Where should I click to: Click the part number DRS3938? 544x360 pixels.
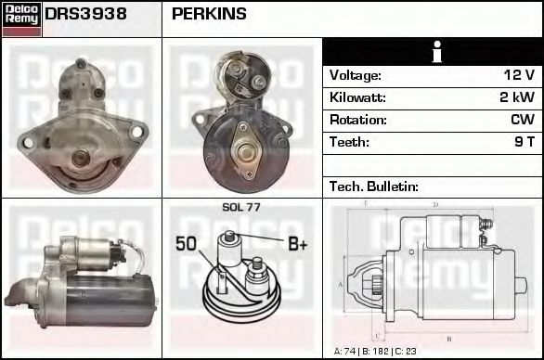click(86, 14)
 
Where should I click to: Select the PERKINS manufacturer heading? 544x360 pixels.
click(209, 14)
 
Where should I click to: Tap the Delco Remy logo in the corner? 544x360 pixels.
click(20, 18)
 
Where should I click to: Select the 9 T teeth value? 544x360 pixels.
click(525, 142)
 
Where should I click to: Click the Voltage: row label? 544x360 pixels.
click(356, 75)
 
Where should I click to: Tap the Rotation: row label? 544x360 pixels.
click(358, 120)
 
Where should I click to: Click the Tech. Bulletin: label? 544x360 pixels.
click(374, 186)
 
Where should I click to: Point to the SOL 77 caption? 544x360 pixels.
click(241, 207)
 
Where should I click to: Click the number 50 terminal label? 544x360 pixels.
click(186, 245)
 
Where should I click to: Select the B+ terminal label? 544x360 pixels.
click(297, 245)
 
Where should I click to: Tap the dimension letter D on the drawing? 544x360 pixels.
click(434, 204)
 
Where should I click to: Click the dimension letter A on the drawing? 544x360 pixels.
click(341, 284)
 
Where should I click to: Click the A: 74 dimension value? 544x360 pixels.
click(345, 352)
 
